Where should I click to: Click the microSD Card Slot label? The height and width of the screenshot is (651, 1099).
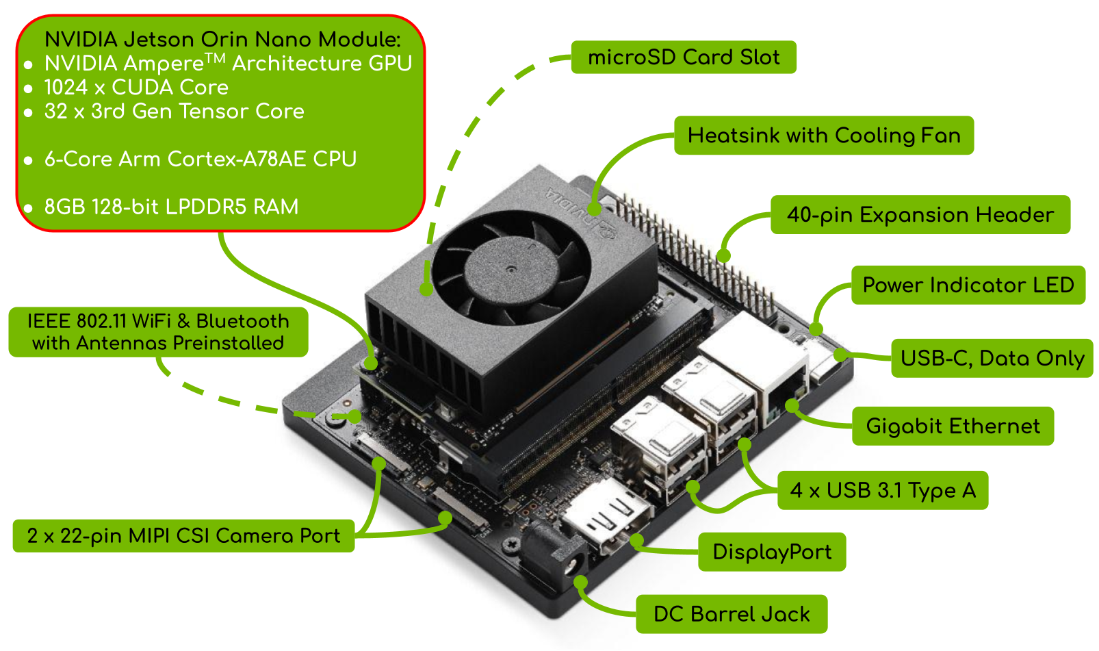(x=684, y=58)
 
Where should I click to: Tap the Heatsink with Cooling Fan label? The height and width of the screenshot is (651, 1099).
(x=824, y=136)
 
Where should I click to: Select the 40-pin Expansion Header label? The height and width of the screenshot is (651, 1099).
(x=920, y=215)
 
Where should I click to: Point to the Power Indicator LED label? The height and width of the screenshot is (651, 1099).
(x=968, y=285)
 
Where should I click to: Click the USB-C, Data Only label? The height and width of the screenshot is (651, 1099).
(x=992, y=359)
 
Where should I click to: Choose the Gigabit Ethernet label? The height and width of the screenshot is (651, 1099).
(x=953, y=426)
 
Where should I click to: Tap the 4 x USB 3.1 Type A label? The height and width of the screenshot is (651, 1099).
(x=883, y=490)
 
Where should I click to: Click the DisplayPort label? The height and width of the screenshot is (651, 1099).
(x=772, y=552)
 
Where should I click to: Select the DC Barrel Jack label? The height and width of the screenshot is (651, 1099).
(x=732, y=614)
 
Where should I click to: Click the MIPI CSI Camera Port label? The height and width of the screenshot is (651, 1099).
(x=183, y=536)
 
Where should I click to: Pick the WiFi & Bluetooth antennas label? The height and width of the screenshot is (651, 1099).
(x=158, y=333)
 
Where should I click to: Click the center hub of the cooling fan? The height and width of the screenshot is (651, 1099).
(x=511, y=269)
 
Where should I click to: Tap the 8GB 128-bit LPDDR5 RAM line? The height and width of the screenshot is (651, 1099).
(x=171, y=207)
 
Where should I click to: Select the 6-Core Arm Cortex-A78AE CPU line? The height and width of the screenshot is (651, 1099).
(x=201, y=159)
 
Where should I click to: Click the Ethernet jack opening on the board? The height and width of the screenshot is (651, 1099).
(x=785, y=398)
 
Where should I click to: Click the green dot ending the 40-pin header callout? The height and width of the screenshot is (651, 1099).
(x=723, y=256)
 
